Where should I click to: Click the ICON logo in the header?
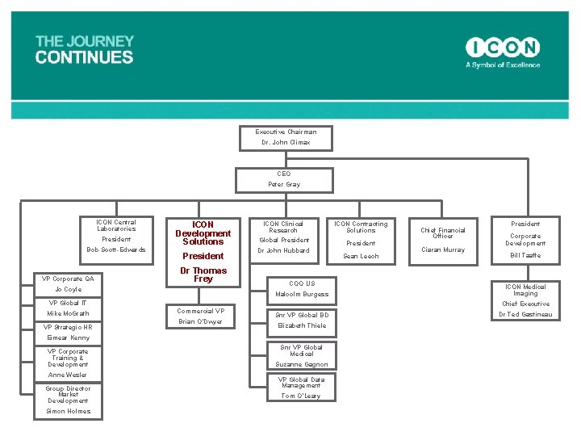(x=502, y=48)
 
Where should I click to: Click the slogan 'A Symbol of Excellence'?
(x=502, y=65)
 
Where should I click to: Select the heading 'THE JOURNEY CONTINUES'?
(x=84, y=49)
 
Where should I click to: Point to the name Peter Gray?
(x=284, y=185)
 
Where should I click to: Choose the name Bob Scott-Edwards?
(x=116, y=249)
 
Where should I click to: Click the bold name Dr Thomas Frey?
(x=203, y=275)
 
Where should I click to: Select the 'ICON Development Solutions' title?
(x=203, y=233)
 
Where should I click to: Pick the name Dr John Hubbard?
(x=283, y=250)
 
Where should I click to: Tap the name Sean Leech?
(x=361, y=256)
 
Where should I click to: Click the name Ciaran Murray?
(x=443, y=250)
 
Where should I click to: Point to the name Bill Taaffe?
(x=525, y=255)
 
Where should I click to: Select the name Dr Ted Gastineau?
(x=525, y=314)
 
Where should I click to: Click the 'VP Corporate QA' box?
(x=69, y=279)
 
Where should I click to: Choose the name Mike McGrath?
(x=69, y=313)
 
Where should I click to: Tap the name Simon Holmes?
(x=69, y=411)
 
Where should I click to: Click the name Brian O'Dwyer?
(x=200, y=321)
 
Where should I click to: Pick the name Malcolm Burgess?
(x=302, y=295)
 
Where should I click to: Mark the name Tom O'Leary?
(x=301, y=396)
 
